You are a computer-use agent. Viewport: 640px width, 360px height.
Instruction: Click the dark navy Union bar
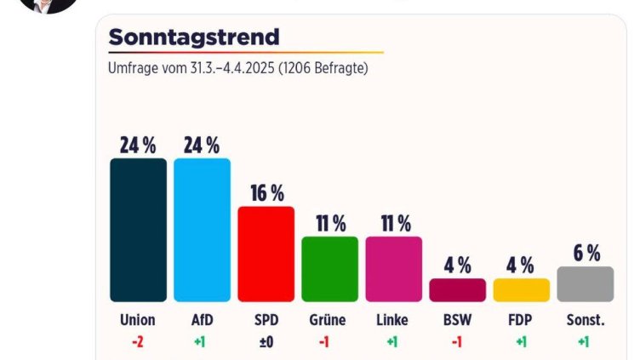pyautogui.click(x=138, y=230)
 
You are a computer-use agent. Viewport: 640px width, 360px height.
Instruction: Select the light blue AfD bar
pyautogui.click(x=202, y=230)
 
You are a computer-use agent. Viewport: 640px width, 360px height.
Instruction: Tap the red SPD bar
pyautogui.click(x=266, y=254)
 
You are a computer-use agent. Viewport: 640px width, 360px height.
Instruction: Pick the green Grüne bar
pyautogui.click(x=329, y=269)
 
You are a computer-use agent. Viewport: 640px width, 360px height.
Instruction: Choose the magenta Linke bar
pyautogui.click(x=393, y=269)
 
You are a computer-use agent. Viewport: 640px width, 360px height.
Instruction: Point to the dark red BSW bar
pyautogui.click(x=457, y=290)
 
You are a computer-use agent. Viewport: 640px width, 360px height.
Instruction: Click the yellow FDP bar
pyautogui.click(x=521, y=290)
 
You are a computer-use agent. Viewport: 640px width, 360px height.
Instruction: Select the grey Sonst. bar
pyautogui.click(x=585, y=284)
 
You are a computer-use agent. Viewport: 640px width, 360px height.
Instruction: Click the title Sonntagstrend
pyautogui.click(x=194, y=37)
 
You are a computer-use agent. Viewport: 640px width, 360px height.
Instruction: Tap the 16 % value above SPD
pyautogui.click(x=266, y=193)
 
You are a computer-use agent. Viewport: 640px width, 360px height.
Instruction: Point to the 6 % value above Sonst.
pyautogui.click(x=586, y=253)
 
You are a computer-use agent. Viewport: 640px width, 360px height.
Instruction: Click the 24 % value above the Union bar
pyautogui.click(x=138, y=146)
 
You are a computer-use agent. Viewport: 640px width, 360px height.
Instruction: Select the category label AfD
pyautogui.click(x=202, y=321)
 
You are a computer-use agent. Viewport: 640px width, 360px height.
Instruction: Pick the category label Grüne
pyautogui.click(x=329, y=321)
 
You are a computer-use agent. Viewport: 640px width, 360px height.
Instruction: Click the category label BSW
pyautogui.click(x=457, y=321)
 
